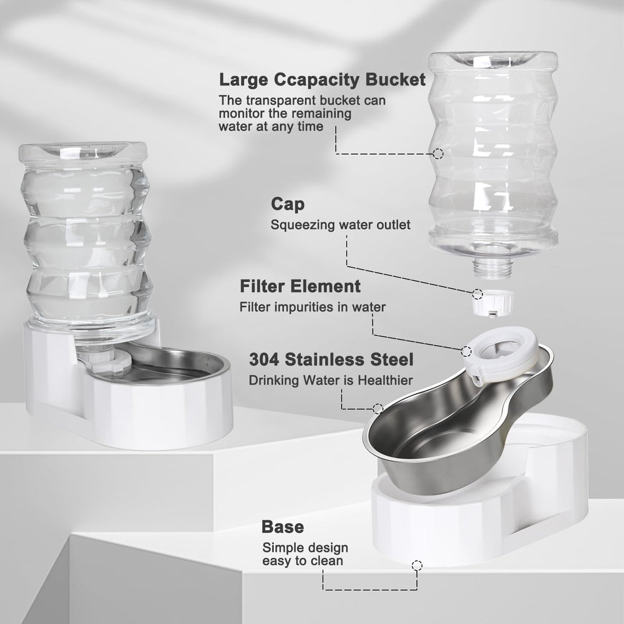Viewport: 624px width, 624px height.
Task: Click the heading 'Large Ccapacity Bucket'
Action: [322, 80]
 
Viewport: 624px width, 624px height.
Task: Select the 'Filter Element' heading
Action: [300, 286]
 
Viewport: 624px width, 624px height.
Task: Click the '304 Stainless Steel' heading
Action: [331, 359]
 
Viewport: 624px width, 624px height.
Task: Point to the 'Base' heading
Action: [283, 527]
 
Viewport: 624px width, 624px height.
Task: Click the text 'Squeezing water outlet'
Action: [341, 225]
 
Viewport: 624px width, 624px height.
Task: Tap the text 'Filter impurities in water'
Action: [313, 307]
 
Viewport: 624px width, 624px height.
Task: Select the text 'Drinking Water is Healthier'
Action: [330, 380]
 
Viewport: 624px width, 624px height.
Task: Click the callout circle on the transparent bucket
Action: [439, 153]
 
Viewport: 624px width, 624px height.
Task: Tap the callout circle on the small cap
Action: [477, 292]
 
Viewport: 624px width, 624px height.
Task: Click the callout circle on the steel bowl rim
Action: [378, 409]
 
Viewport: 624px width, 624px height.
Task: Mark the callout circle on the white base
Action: [417, 566]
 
